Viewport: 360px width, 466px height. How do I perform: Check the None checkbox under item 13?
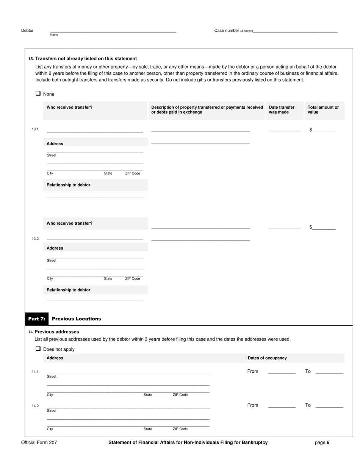[38, 93]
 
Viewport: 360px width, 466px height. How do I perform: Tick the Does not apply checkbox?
[38, 349]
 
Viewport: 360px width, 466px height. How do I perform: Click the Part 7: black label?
[37, 319]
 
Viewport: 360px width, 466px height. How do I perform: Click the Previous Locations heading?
[77, 319]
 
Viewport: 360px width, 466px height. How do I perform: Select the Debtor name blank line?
[113, 31]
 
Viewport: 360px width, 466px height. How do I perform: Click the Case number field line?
[295, 31]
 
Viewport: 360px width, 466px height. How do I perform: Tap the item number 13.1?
[36, 130]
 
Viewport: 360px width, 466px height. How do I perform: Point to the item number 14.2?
[36, 406]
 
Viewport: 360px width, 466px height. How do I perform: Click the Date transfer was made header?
[282, 110]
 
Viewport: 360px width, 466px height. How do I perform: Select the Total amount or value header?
[323, 110]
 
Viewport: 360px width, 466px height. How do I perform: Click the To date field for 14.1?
[329, 371]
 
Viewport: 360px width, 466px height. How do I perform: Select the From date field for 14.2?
[282, 405]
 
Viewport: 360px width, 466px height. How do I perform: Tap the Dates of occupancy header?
[267, 358]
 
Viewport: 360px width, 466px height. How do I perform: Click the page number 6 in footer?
[328, 443]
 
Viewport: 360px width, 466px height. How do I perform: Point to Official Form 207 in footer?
[39, 443]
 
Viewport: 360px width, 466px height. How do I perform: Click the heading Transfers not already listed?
[86, 59]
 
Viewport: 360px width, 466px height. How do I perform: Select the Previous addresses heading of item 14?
[56, 332]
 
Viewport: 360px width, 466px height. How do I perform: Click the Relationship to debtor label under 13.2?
[69, 290]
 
